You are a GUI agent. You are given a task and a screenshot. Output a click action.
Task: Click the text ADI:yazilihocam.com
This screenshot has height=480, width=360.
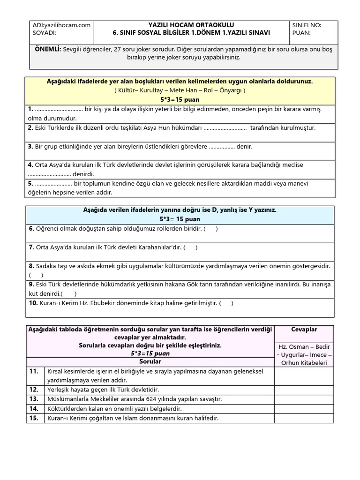tap(61, 25)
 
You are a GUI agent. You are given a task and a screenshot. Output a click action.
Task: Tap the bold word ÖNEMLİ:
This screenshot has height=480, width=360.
tap(47, 49)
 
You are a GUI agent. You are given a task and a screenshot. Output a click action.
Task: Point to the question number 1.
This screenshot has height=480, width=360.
tap(30, 109)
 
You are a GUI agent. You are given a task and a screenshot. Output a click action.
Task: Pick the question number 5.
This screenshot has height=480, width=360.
tap(30, 183)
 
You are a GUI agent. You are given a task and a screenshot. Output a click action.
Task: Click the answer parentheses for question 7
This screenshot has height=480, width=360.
tap(190, 247)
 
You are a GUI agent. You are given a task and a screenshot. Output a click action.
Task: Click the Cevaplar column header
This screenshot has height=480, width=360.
tap(304, 330)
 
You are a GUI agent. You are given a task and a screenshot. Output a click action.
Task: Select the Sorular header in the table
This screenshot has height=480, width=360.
tap(150, 362)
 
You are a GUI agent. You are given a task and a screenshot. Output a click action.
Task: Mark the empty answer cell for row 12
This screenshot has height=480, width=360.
tap(304, 390)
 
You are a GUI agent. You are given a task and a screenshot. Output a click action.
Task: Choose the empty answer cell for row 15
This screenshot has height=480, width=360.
tap(304, 418)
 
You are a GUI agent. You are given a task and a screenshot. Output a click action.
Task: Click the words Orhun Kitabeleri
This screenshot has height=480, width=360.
tap(304, 363)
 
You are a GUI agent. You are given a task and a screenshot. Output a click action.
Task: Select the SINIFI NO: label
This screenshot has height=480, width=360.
tap(307, 25)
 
